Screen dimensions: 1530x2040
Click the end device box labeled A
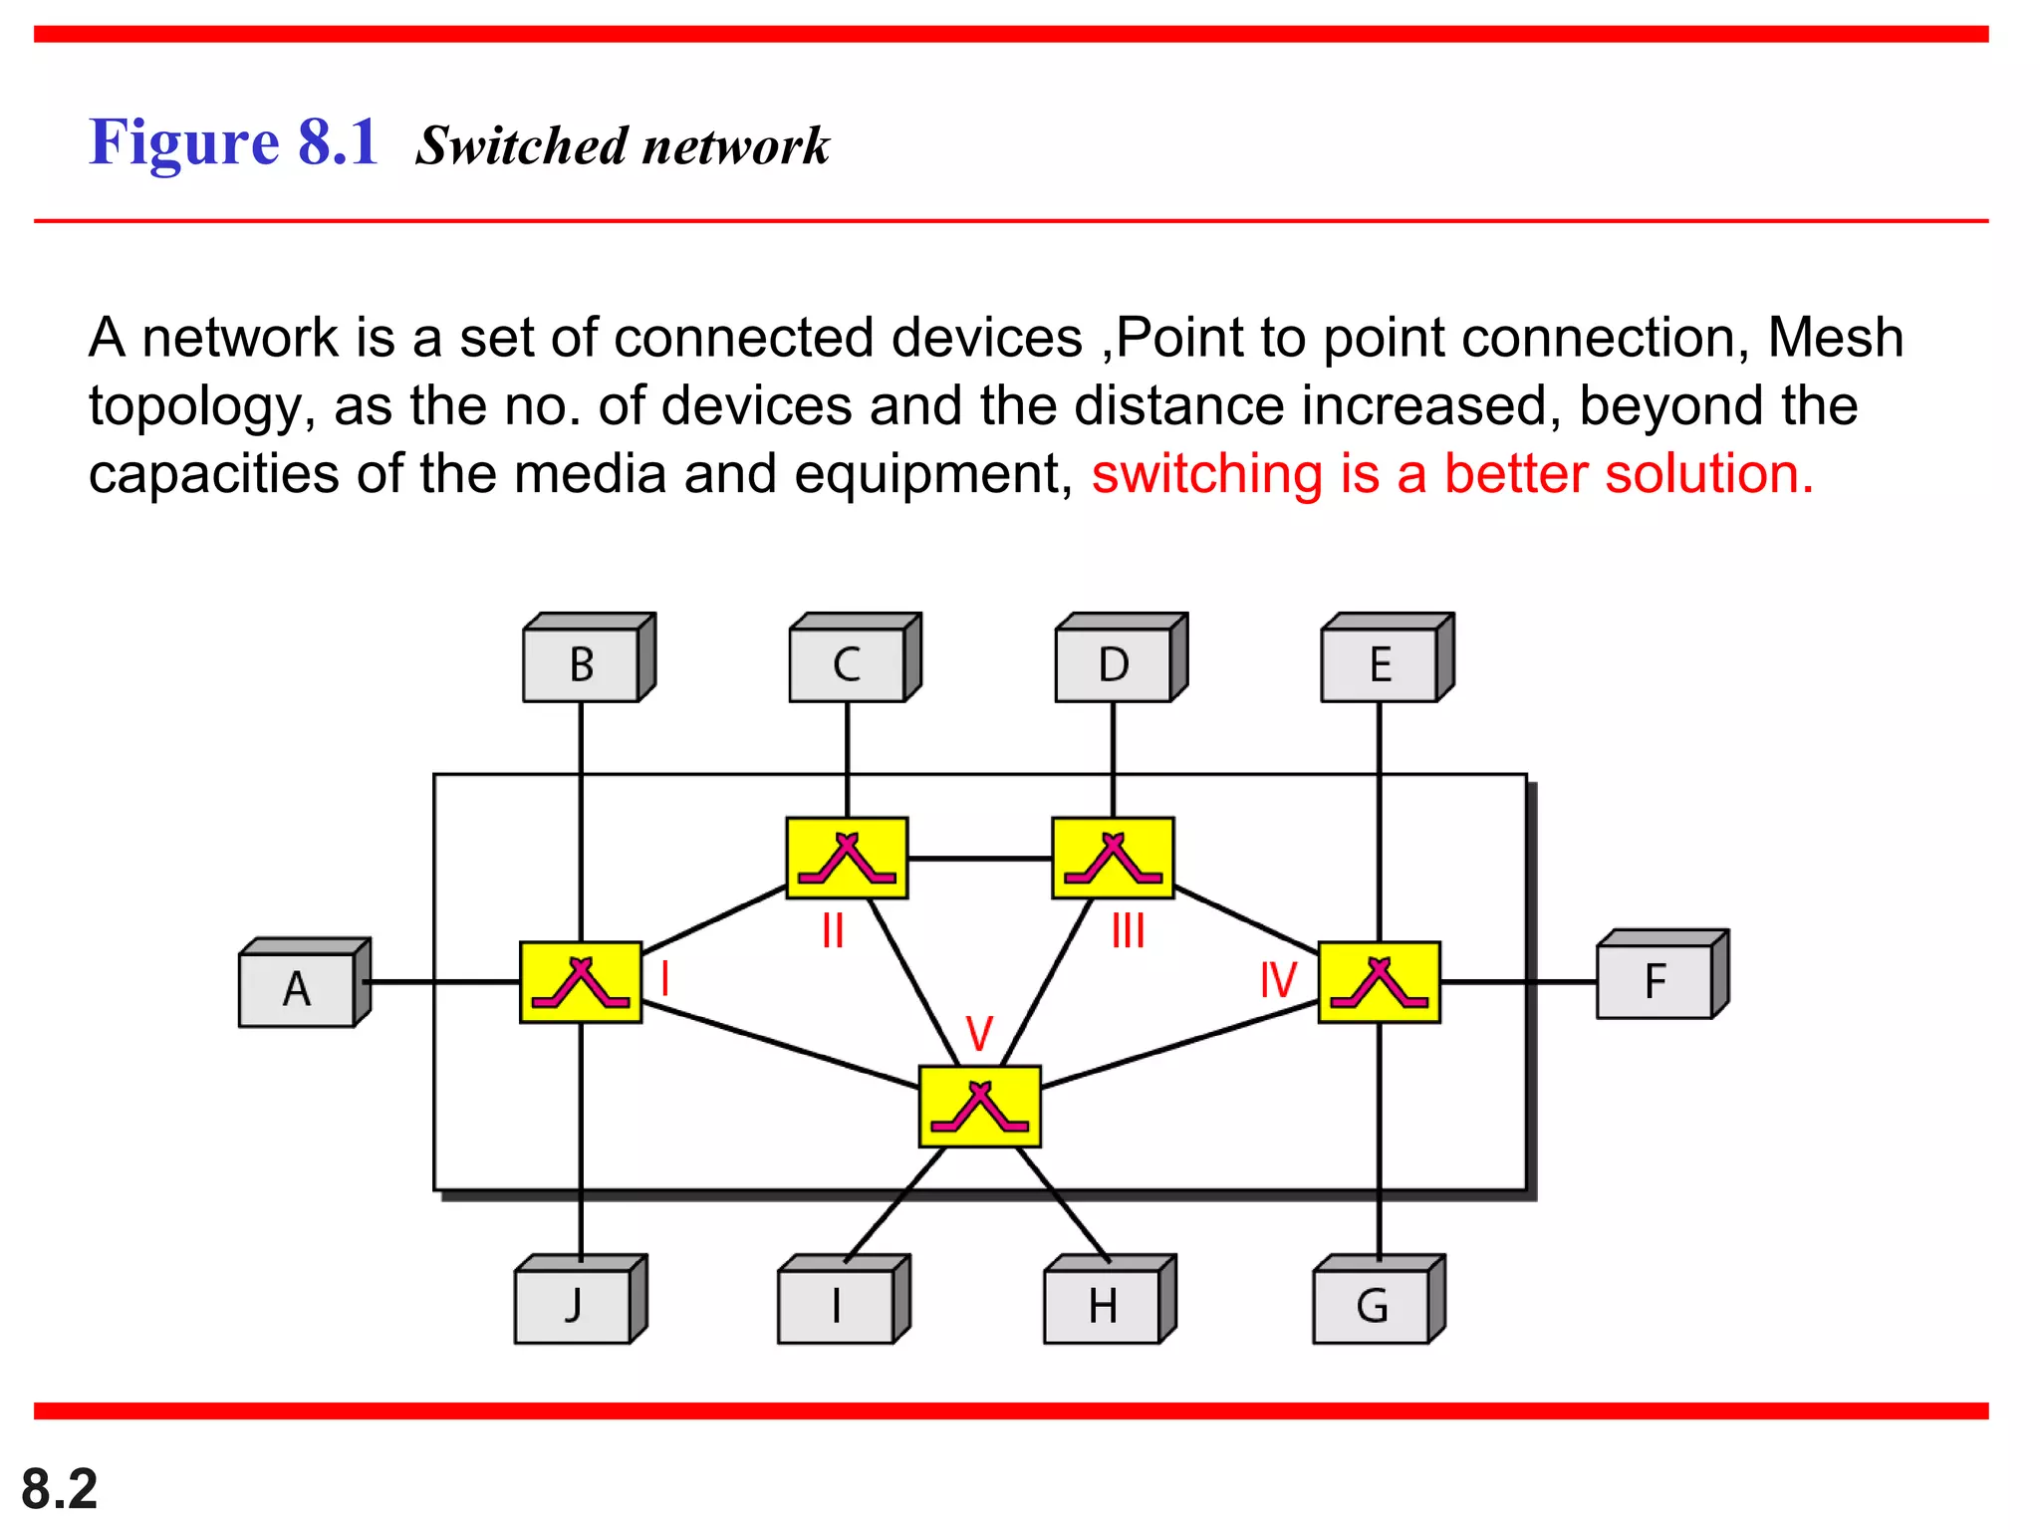point(297,989)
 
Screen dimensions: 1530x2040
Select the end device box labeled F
point(1655,981)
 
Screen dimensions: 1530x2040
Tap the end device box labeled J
point(574,1306)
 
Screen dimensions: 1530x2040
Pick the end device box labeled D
point(1114,664)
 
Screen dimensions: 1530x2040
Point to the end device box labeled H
point(1103,1306)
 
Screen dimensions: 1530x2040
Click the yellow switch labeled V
point(980,1107)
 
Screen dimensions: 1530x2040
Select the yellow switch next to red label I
point(581,982)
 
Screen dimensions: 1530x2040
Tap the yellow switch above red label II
point(847,859)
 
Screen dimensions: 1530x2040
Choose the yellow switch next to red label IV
point(1380,982)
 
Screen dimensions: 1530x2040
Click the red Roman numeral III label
point(1128,931)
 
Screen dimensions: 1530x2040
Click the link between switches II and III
point(980,858)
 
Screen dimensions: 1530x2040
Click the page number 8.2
point(60,1489)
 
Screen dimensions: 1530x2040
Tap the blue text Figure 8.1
point(234,141)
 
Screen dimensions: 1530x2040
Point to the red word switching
point(1206,474)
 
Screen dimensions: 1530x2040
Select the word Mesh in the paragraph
point(1835,338)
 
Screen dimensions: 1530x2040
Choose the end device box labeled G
point(1372,1306)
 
